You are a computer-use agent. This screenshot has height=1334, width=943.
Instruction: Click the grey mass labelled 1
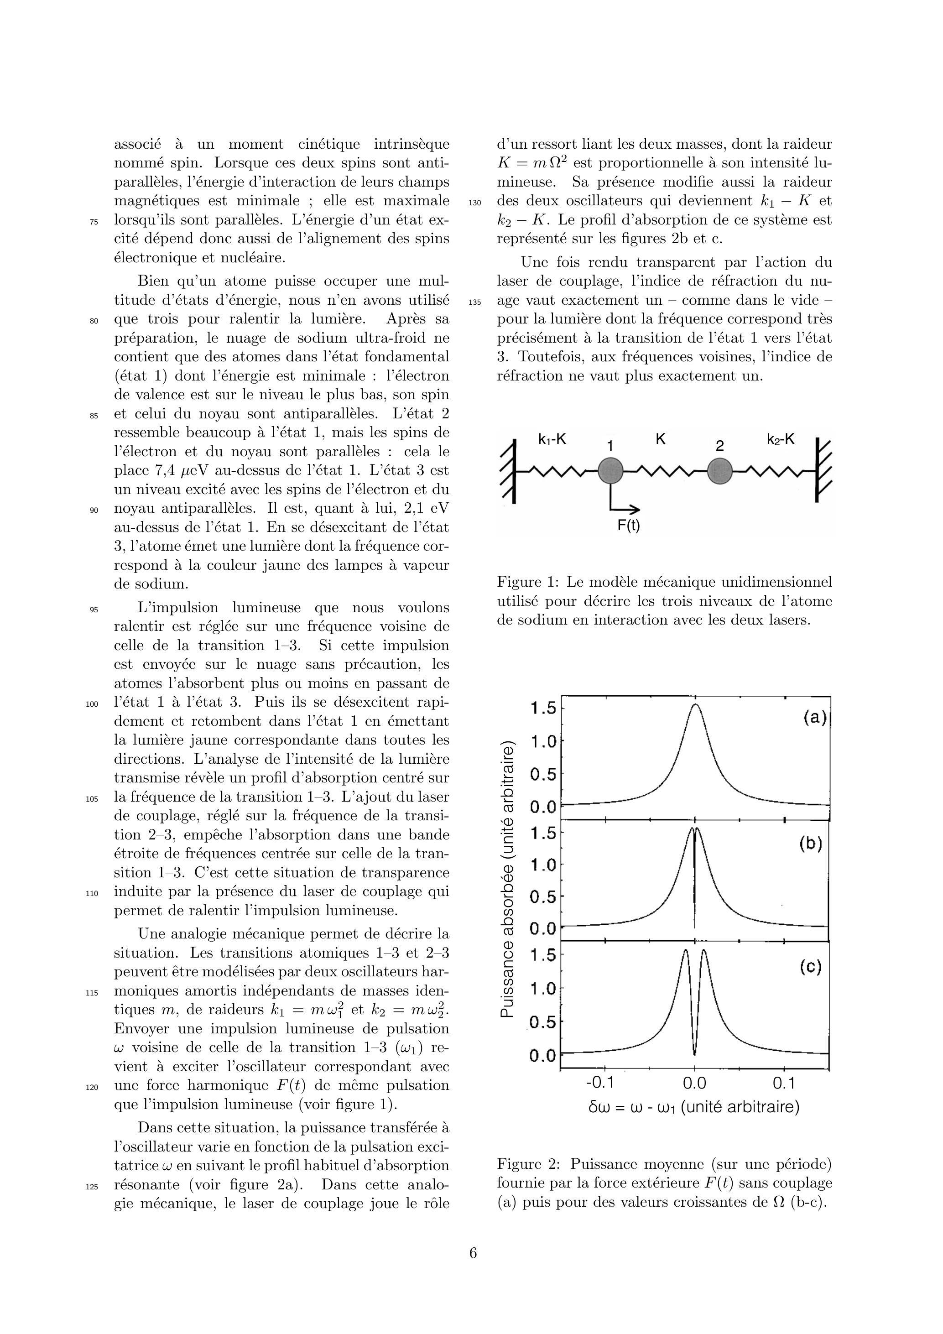point(610,471)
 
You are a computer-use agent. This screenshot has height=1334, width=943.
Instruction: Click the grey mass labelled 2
point(719,471)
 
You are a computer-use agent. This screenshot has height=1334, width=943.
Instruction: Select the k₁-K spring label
point(552,440)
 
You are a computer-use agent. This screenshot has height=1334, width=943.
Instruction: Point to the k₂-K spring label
point(780,440)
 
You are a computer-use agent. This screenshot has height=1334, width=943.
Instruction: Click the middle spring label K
point(660,440)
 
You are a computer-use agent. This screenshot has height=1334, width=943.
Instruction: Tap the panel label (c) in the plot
point(810,967)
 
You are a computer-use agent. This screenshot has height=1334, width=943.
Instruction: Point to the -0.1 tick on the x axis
point(600,1083)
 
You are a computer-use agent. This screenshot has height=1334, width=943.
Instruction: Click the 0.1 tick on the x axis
point(784,1083)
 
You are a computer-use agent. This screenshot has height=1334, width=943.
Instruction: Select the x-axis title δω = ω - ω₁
point(694,1107)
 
